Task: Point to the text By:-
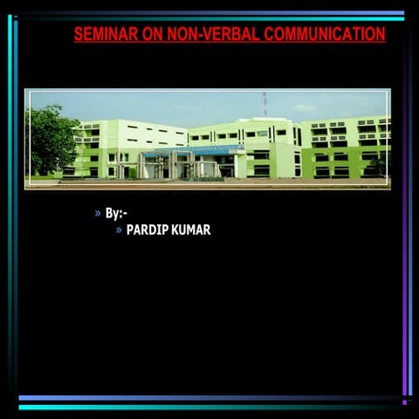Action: [116, 213]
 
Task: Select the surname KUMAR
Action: [190, 230]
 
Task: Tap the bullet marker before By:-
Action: [98, 213]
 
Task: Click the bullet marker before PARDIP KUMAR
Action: [119, 230]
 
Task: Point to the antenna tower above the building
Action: [264, 103]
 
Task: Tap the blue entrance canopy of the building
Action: [192, 150]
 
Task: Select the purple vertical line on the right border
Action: [404, 218]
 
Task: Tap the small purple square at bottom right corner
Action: [404, 402]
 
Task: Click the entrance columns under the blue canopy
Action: [175, 166]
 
